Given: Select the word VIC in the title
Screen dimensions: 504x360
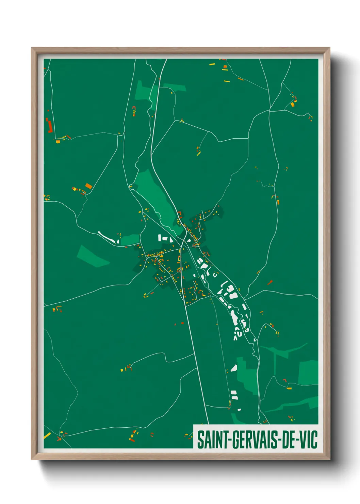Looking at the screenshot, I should (x=308, y=440).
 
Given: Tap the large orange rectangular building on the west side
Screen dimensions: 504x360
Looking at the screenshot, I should (x=88, y=186).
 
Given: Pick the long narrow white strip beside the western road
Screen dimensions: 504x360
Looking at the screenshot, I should (x=107, y=237).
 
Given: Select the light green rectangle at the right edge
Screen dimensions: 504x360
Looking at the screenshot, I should (x=308, y=373).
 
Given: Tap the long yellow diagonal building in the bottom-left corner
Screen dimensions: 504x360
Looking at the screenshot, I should (x=47, y=435).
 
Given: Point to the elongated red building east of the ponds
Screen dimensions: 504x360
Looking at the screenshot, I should (x=270, y=282).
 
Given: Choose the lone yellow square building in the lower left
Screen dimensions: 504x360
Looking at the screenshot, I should (x=122, y=370).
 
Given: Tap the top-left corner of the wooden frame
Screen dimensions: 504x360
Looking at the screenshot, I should (x=32, y=48).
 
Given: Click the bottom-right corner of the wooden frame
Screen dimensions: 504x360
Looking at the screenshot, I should (x=329, y=459).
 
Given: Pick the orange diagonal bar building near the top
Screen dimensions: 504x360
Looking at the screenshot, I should (x=241, y=79).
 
